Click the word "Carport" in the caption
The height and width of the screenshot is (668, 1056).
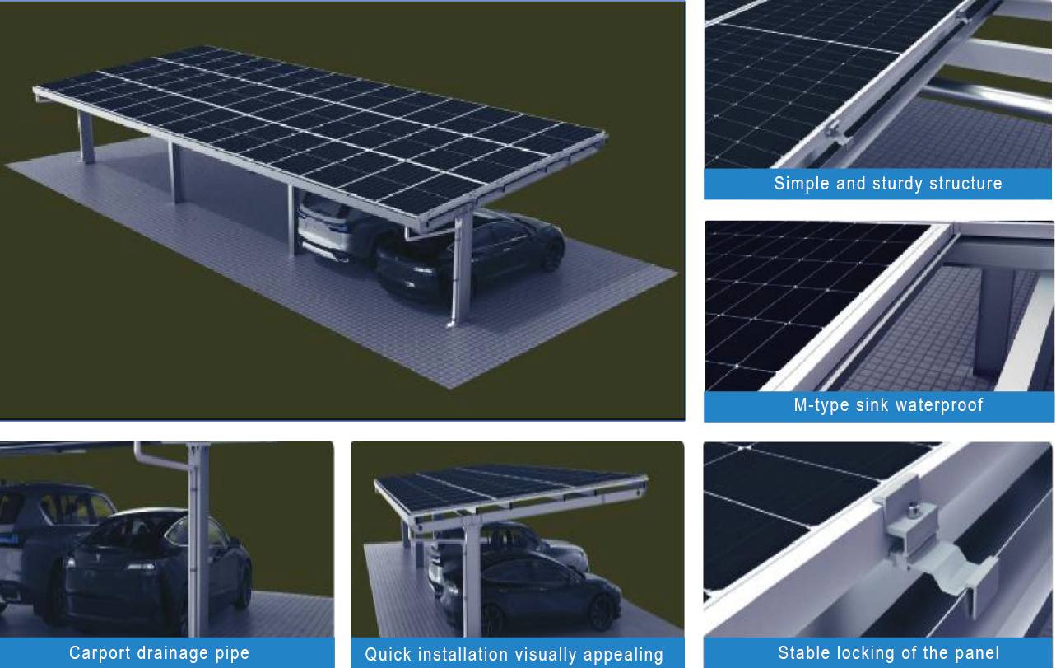(99, 653)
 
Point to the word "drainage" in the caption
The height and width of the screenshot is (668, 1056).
(172, 654)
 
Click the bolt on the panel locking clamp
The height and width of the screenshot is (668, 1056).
(913, 510)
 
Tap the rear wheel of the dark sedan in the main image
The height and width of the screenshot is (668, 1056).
(551, 255)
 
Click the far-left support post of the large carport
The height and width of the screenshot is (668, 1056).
(86, 138)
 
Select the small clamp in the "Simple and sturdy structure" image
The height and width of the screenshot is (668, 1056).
(837, 133)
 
